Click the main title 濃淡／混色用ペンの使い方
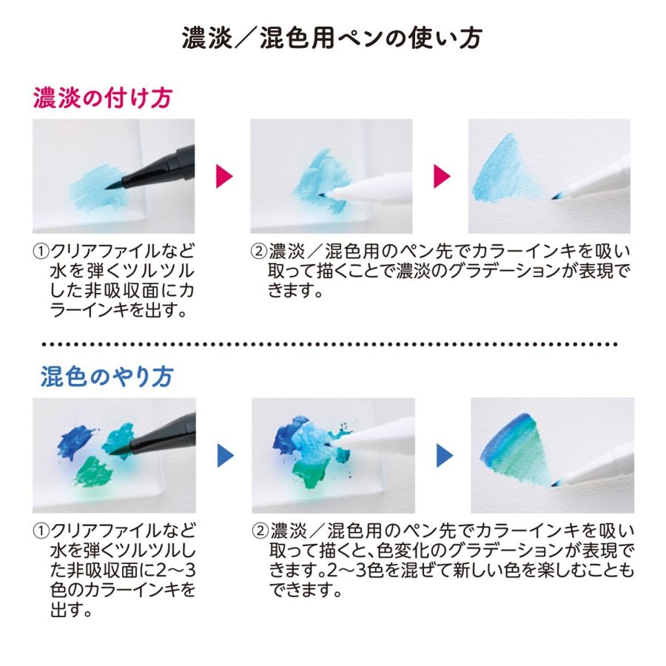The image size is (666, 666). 333,38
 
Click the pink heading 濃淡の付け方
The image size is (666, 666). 103,98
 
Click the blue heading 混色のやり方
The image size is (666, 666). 106,377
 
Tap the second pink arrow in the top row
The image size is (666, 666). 442,175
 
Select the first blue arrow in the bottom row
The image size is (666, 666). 225,455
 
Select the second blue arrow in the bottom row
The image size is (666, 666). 443,455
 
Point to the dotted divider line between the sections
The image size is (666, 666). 333,345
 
